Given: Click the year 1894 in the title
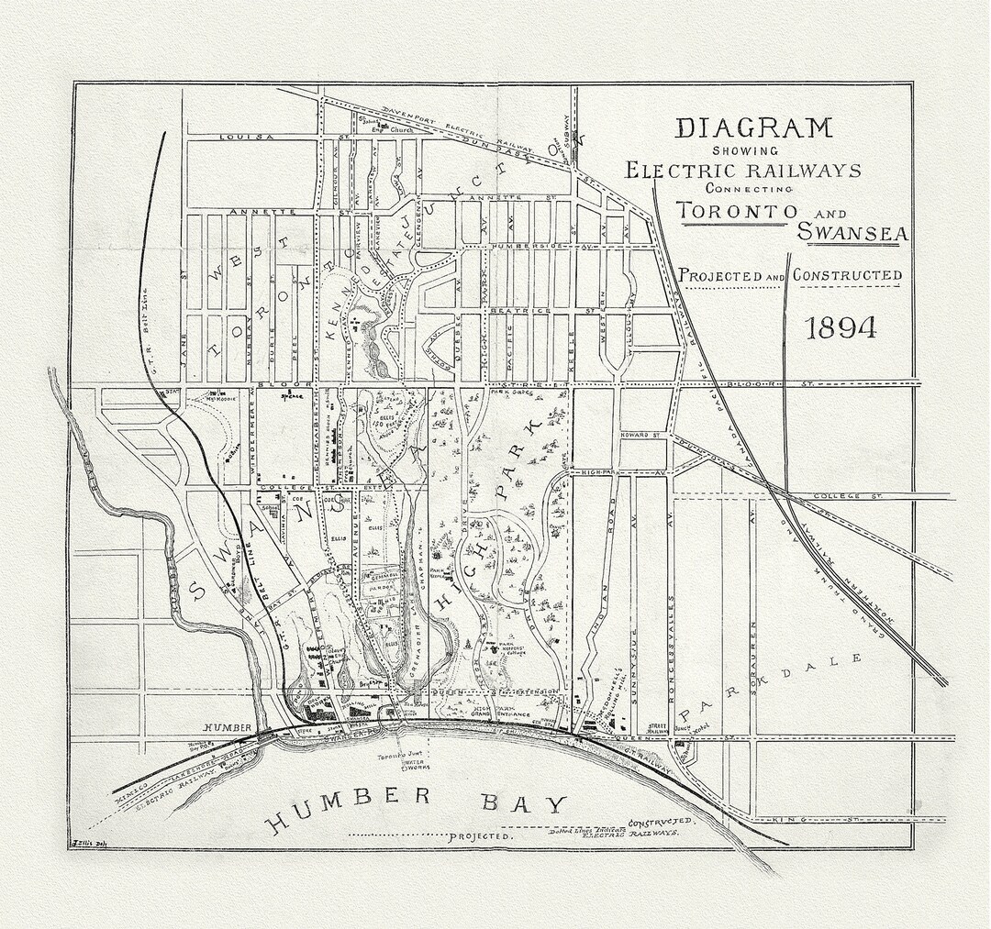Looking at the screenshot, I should click(x=841, y=327).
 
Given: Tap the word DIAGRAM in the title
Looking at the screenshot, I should click(x=754, y=127).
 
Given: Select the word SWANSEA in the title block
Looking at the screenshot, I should click(x=852, y=233).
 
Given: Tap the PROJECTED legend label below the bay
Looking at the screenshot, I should click(x=481, y=837).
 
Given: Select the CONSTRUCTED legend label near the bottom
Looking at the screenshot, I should click(x=662, y=823).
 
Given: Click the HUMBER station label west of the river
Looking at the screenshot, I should click(x=227, y=727).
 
